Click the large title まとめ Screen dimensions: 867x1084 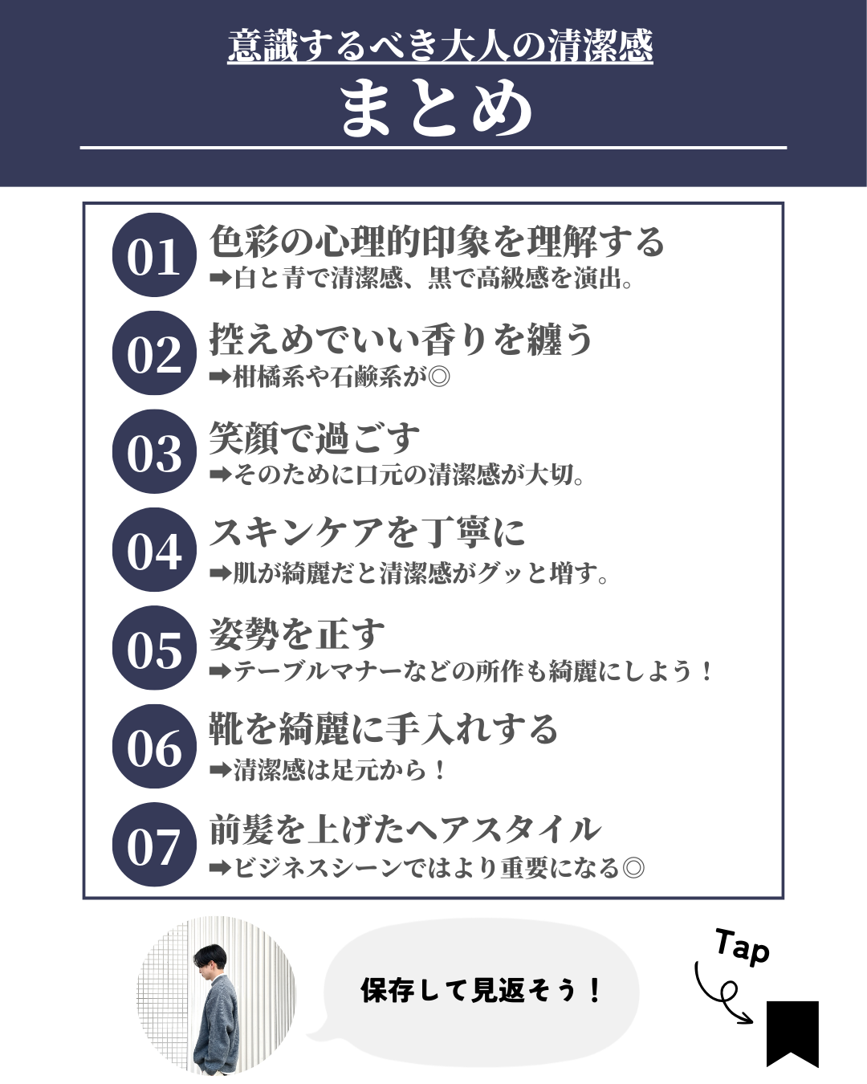tap(436, 109)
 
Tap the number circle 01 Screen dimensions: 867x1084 tap(154, 255)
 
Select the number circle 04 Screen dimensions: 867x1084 tap(154, 549)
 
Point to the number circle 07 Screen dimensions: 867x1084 tap(154, 844)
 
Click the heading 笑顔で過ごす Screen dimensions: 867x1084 tap(315, 438)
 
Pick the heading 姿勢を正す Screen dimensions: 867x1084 tap(297, 634)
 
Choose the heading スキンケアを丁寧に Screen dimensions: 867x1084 tap(367, 532)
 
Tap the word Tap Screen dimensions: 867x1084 tap(742, 948)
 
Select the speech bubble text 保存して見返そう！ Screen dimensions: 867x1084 tap(481, 990)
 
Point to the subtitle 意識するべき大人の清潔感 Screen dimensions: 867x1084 tap(440, 47)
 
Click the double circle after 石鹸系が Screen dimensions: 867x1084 tap(439, 377)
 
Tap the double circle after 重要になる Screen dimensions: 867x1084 tap(633, 868)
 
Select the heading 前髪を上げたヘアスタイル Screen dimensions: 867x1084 tap(405, 829)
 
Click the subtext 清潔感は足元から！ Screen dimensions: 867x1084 tap(340, 770)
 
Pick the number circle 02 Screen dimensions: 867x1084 tap(154, 353)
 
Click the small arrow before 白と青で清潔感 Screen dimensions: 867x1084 tap(220, 278)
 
